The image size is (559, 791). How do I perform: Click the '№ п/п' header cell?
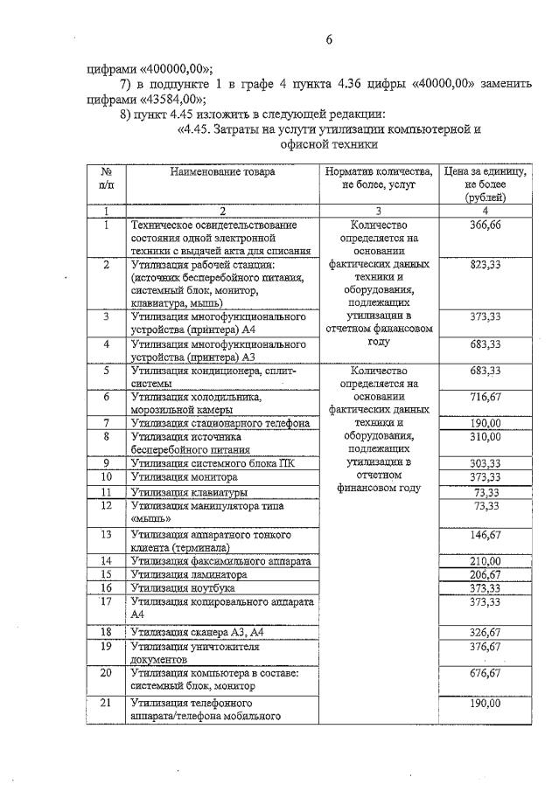tap(106, 178)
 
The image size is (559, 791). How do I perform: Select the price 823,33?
tap(485, 264)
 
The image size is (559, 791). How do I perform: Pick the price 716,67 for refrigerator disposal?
tap(485, 397)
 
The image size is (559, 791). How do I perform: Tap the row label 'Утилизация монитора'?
tap(184, 477)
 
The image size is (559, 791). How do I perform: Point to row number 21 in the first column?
tap(106, 703)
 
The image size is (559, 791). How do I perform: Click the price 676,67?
tap(485, 673)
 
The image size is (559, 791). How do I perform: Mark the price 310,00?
tap(485, 435)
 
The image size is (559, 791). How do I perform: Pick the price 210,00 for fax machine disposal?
tap(485, 560)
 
